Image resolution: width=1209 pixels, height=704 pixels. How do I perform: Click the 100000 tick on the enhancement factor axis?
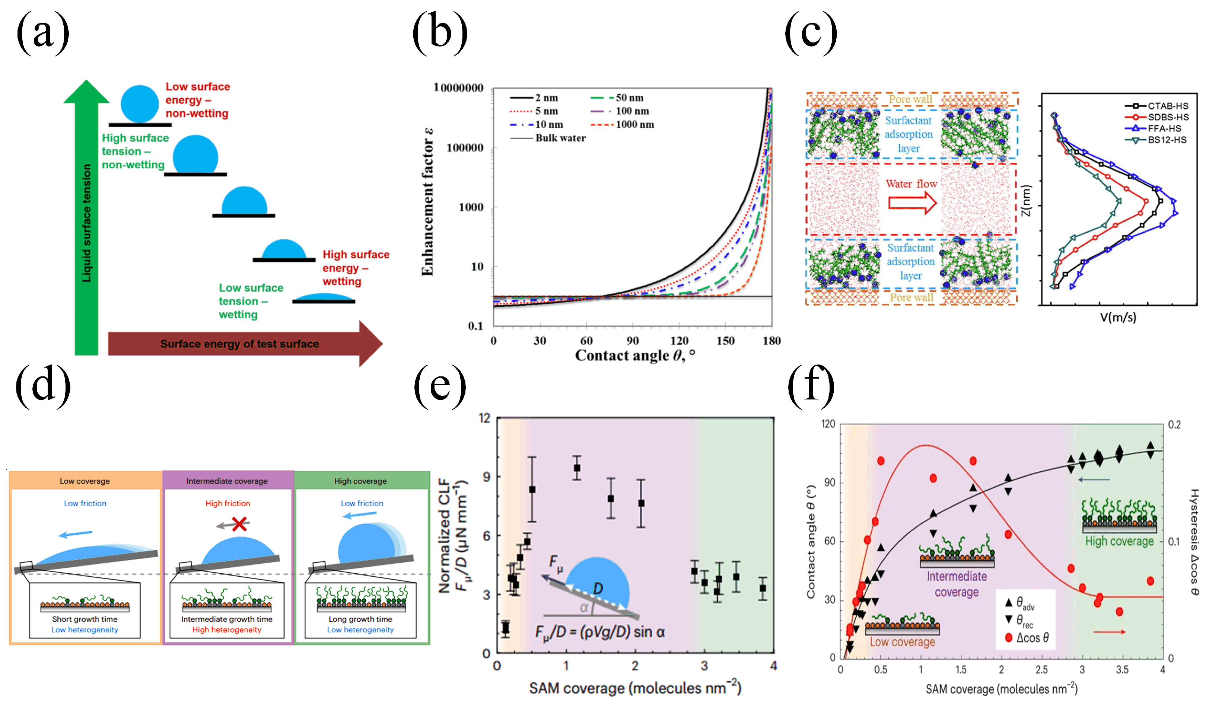pyautogui.click(x=464, y=148)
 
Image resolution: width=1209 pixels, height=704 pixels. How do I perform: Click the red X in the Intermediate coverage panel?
pyautogui.click(x=239, y=524)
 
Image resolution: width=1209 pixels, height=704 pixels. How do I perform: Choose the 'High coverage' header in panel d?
pyautogui.click(x=360, y=481)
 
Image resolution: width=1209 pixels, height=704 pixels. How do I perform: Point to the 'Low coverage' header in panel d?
pyautogui.click(x=85, y=481)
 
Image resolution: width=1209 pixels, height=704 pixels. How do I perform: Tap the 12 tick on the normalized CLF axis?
pyautogui.click(x=484, y=418)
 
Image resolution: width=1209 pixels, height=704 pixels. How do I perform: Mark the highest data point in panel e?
pyautogui.click(x=577, y=468)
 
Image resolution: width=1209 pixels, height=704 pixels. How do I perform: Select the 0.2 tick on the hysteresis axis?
pyautogui.click(x=1174, y=424)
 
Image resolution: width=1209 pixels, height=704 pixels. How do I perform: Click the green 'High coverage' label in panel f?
pyautogui.click(x=1119, y=541)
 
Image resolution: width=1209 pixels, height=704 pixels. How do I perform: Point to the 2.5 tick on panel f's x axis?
pyautogui.click(x=1041, y=670)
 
